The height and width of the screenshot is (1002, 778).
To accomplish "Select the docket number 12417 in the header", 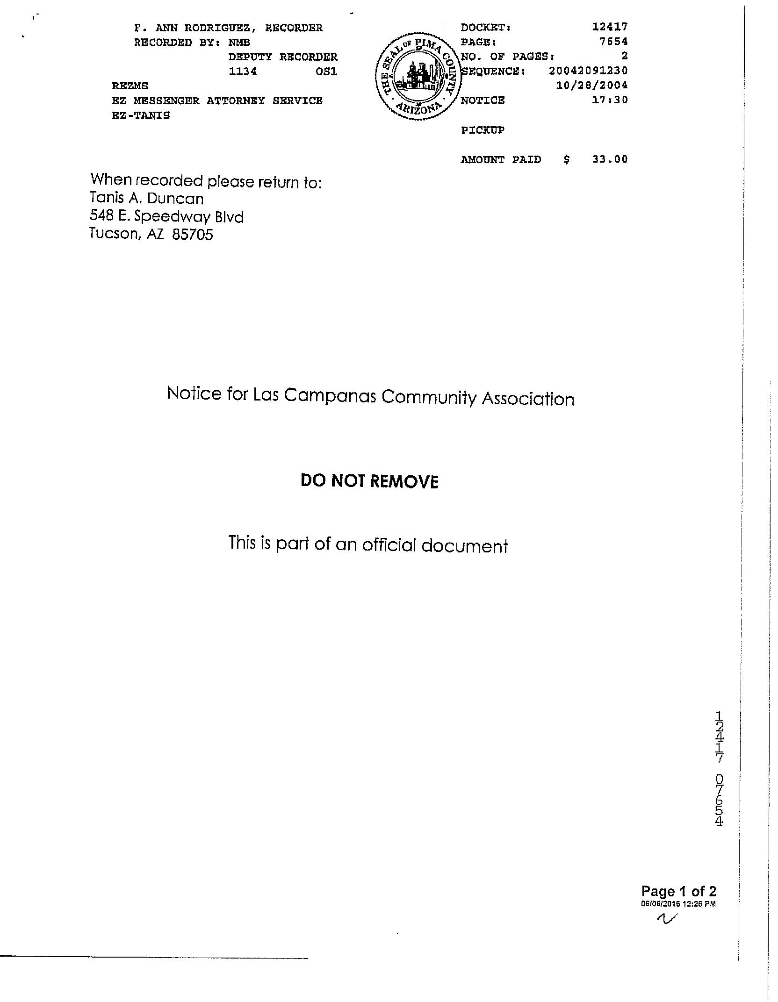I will point(610,27).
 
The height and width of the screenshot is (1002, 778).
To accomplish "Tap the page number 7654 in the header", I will point(613,42).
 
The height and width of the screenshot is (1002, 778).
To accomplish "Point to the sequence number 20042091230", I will point(588,71).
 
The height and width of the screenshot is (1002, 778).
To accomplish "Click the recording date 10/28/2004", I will point(591,86).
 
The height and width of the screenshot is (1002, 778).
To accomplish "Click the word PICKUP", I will point(483,130).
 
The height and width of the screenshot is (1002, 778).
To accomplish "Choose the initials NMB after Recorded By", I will point(239,43).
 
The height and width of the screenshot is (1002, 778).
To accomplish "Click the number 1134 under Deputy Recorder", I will point(242,72).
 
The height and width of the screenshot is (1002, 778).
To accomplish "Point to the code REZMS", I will point(130,86).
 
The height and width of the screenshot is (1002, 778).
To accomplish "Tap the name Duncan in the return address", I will point(175,199).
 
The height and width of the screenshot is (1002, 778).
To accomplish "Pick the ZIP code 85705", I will point(193,234).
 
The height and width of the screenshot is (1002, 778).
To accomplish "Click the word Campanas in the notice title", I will point(330,396).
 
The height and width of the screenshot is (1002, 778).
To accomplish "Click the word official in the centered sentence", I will point(389,545).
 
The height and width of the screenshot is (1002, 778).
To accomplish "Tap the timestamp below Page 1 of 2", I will point(678,904).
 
